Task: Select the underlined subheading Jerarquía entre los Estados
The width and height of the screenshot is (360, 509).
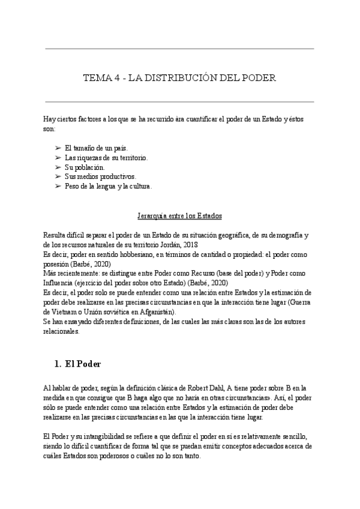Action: click(x=179, y=215)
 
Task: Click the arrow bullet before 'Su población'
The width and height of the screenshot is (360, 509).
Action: click(x=58, y=167)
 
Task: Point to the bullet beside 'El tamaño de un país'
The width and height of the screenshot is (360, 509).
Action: click(x=58, y=148)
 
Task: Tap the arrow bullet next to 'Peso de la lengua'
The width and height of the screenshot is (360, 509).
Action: click(x=58, y=186)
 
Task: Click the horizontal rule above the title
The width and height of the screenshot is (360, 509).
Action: click(x=179, y=49)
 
